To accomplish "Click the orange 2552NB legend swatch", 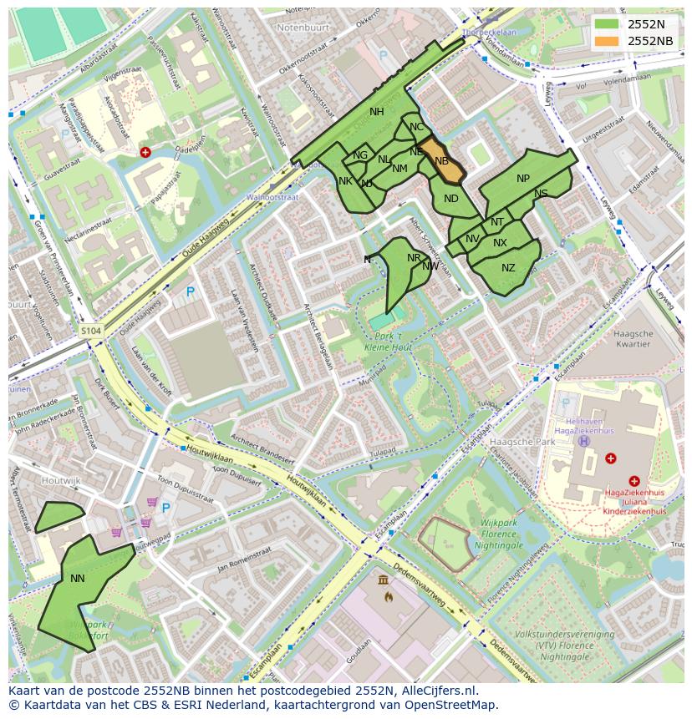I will click(607, 41).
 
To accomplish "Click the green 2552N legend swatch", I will click(607, 24).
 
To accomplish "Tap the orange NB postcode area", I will click(440, 160).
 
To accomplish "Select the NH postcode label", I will click(377, 112).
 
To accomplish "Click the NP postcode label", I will click(523, 179).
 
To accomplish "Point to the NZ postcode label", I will click(508, 268).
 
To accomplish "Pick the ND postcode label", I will click(451, 199).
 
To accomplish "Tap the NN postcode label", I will click(78, 578).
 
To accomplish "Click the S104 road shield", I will click(91, 332).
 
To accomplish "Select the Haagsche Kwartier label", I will click(632, 338).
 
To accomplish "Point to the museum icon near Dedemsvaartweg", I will click(383, 580).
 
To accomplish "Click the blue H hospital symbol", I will click(583, 441).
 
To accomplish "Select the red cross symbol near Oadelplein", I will click(145, 153).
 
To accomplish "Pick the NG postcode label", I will click(360, 155).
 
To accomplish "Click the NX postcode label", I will click(500, 243).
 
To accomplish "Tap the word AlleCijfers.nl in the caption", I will click(437, 691).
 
